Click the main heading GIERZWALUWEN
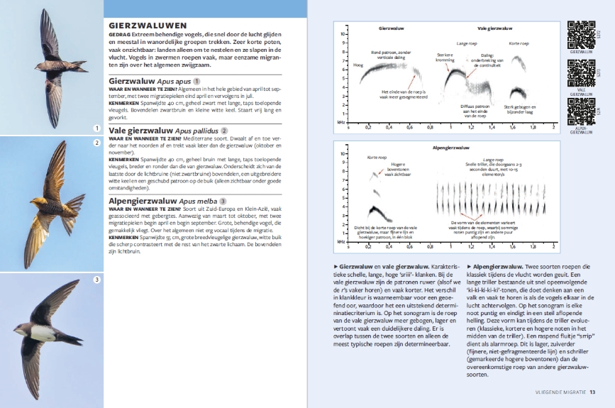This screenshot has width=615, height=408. [148, 24]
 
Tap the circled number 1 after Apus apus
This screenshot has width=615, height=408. [196, 82]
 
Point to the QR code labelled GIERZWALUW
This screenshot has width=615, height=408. [581, 34]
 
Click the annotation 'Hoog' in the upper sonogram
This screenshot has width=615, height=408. [357, 65]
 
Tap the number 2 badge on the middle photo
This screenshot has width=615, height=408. [96, 143]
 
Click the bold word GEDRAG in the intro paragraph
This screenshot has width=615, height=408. [118, 33]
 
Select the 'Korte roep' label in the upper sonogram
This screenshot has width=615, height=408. [519, 43]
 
